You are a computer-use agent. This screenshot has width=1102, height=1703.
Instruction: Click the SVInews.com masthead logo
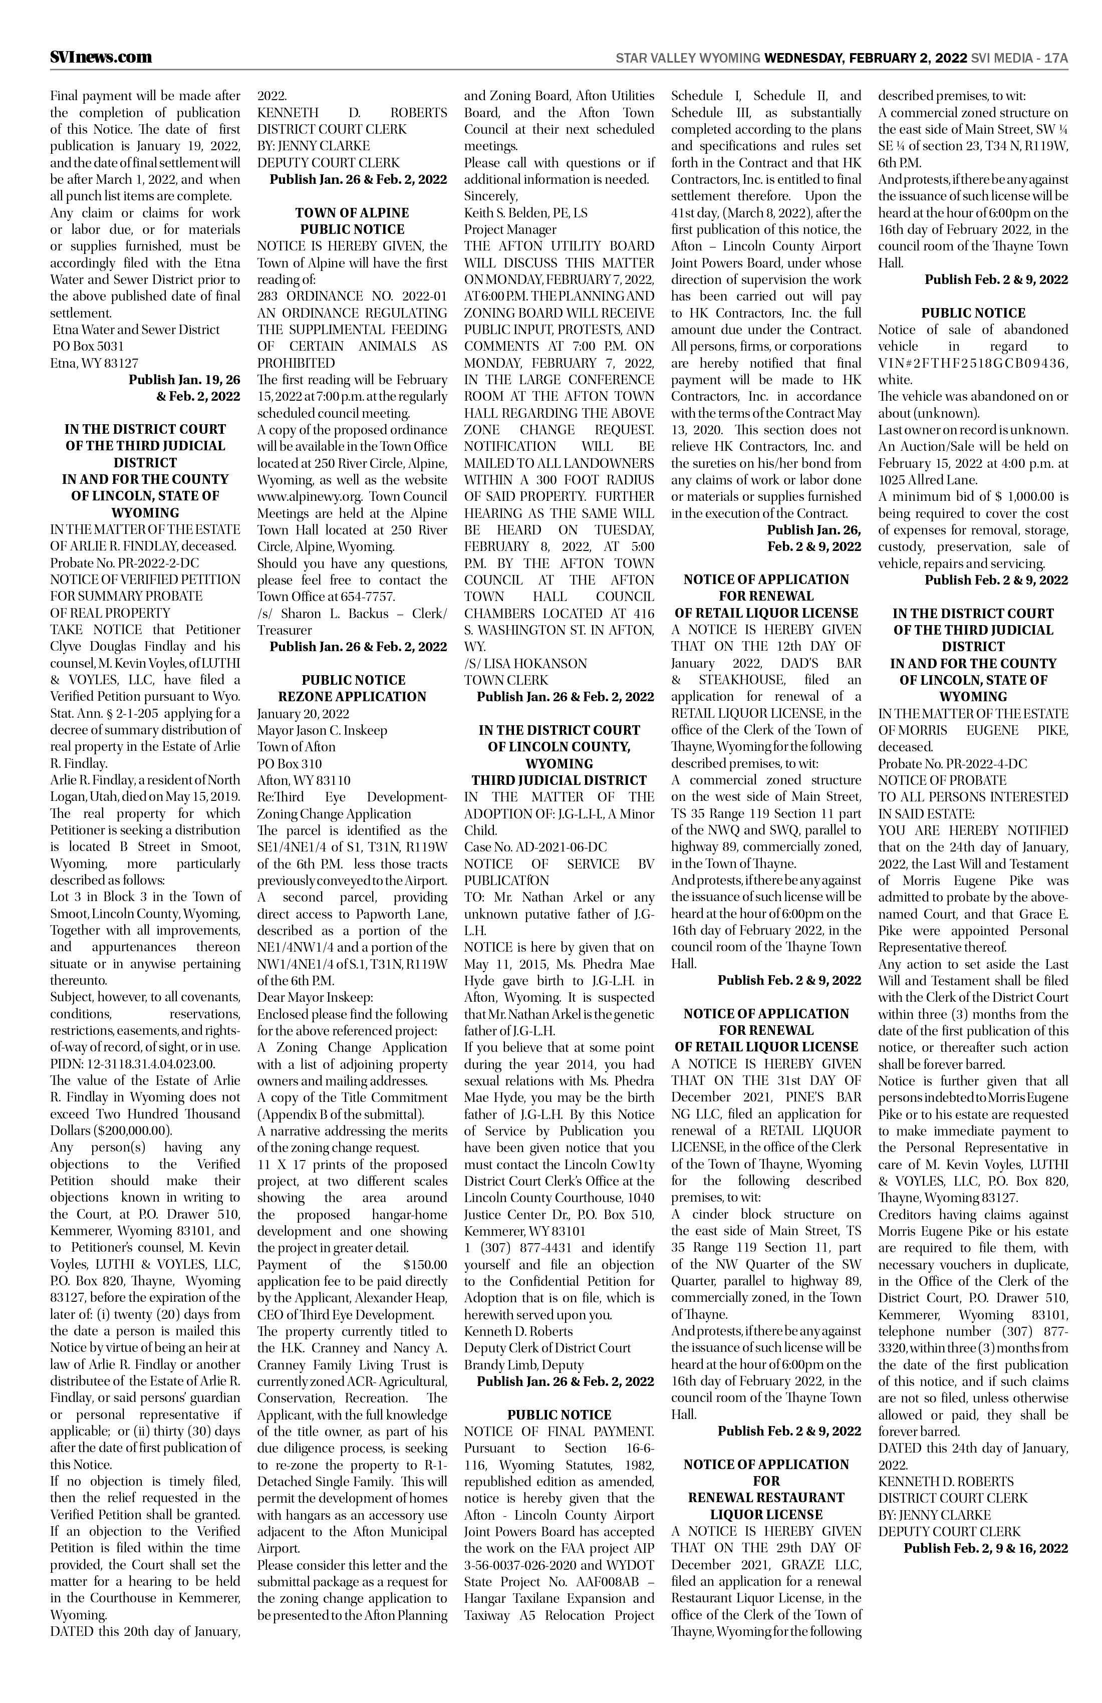click(x=101, y=57)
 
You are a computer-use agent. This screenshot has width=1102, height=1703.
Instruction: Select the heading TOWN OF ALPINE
click(x=352, y=212)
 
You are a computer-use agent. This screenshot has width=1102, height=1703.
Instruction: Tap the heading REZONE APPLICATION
click(x=352, y=697)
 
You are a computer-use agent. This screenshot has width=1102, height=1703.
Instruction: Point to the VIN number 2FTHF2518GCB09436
click(x=973, y=364)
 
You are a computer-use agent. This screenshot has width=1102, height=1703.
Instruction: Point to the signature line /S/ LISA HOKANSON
click(x=525, y=664)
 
